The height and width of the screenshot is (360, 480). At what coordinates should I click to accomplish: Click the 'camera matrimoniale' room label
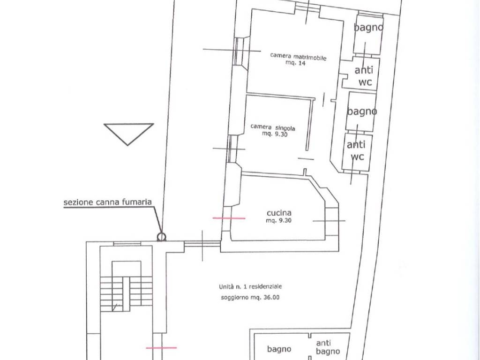298,56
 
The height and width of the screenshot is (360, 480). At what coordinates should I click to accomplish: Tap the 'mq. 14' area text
295,63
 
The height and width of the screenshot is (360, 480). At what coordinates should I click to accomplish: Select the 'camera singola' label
272,127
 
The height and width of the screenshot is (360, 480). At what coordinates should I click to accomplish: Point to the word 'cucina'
279,213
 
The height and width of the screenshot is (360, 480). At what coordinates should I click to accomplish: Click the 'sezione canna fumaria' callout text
107,202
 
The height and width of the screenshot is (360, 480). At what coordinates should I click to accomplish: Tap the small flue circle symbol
161,237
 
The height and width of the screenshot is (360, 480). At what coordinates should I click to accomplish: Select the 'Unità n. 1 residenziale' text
250,287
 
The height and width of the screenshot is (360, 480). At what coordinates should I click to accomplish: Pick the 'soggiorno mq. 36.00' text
250,297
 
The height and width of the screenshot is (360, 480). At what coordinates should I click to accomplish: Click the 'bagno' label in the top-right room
368,28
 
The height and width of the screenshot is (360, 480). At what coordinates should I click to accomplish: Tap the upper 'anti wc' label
364,76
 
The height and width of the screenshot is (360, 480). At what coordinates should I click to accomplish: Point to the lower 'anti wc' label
356,150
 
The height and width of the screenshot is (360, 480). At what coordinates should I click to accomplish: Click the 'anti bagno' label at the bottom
327,347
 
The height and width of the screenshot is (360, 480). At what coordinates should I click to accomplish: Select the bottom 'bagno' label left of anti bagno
279,349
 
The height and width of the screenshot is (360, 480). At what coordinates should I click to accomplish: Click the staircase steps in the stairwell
127,294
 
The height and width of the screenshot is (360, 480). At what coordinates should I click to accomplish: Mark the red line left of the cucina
229,218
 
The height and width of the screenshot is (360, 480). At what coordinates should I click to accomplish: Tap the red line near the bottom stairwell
161,348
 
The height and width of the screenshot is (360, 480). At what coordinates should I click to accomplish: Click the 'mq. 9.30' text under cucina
278,220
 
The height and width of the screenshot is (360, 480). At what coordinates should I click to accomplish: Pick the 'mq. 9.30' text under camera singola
275,134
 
